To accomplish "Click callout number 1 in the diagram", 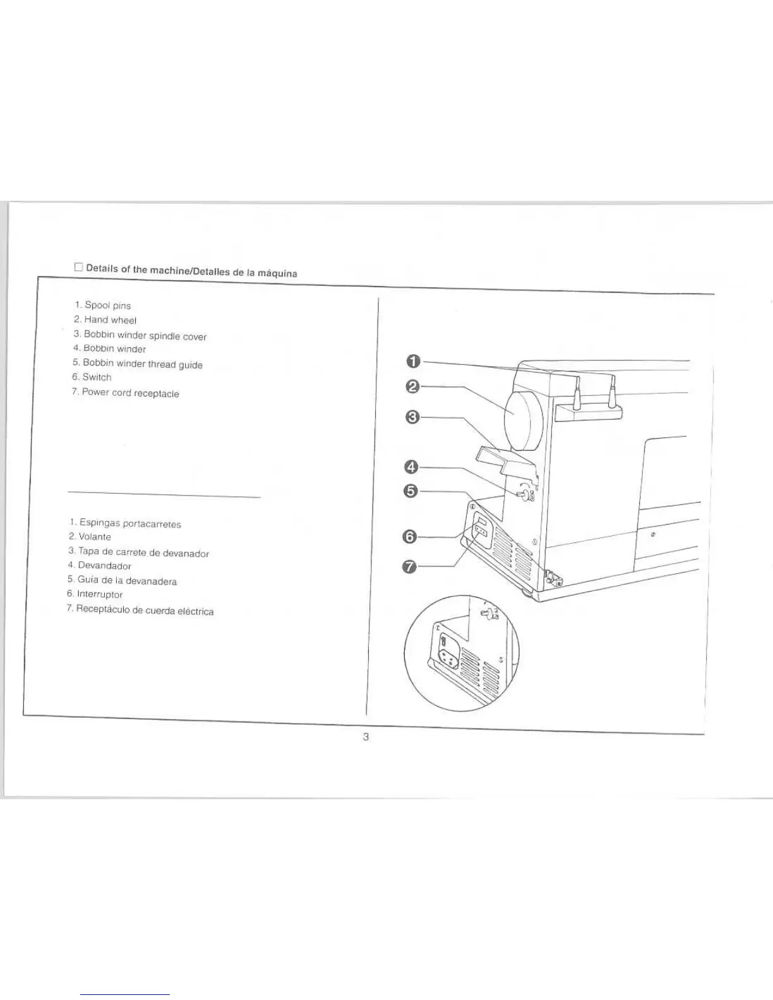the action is coord(412,361).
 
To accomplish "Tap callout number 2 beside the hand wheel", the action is coord(412,386).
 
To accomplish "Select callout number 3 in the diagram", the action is coord(412,417).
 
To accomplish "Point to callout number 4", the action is coord(411,467).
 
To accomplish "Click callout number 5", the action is coord(410,491).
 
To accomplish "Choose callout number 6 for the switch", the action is coord(410,537).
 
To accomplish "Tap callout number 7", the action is coord(410,566).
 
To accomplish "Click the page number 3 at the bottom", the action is coord(366,736).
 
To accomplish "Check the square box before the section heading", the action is coord(78,267).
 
